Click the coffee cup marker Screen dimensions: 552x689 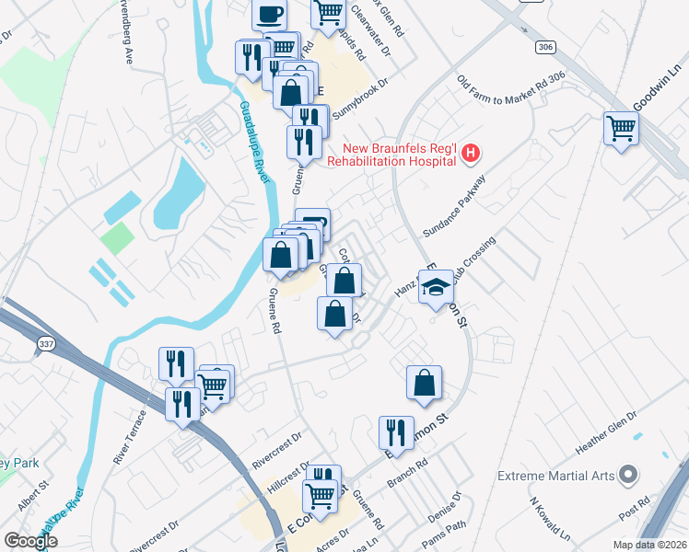269,15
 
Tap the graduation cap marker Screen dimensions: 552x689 436,288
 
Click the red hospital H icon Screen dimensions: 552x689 471,153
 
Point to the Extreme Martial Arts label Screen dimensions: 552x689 555,476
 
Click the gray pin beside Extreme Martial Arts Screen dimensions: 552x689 629,475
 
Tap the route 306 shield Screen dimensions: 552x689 544,45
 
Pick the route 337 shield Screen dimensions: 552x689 45,343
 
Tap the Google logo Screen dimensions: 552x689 30,541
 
